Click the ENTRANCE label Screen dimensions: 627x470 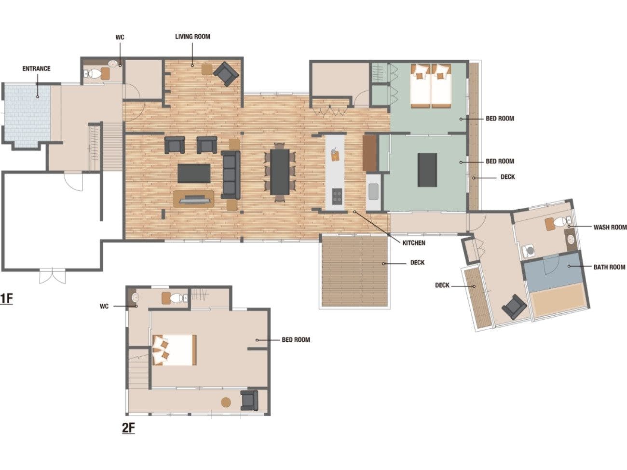(36, 68)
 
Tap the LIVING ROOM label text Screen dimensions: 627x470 (192, 37)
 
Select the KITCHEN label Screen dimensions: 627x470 (414, 243)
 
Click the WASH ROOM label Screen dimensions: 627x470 (610, 227)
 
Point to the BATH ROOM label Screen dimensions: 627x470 (609, 267)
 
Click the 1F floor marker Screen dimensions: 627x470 (6, 299)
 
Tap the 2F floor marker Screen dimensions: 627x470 (128, 428)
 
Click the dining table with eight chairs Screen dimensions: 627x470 (280, 172)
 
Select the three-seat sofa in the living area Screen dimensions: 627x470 (231, 175)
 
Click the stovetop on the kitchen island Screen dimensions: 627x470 (337, 196)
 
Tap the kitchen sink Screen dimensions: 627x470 (373, 191)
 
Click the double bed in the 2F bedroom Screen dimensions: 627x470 (175, 350)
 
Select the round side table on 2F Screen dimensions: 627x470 (226, 402)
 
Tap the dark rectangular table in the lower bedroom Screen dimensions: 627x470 (427, 170)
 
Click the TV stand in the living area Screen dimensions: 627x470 (193, 199)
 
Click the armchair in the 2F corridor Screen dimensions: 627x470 (249, 401)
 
